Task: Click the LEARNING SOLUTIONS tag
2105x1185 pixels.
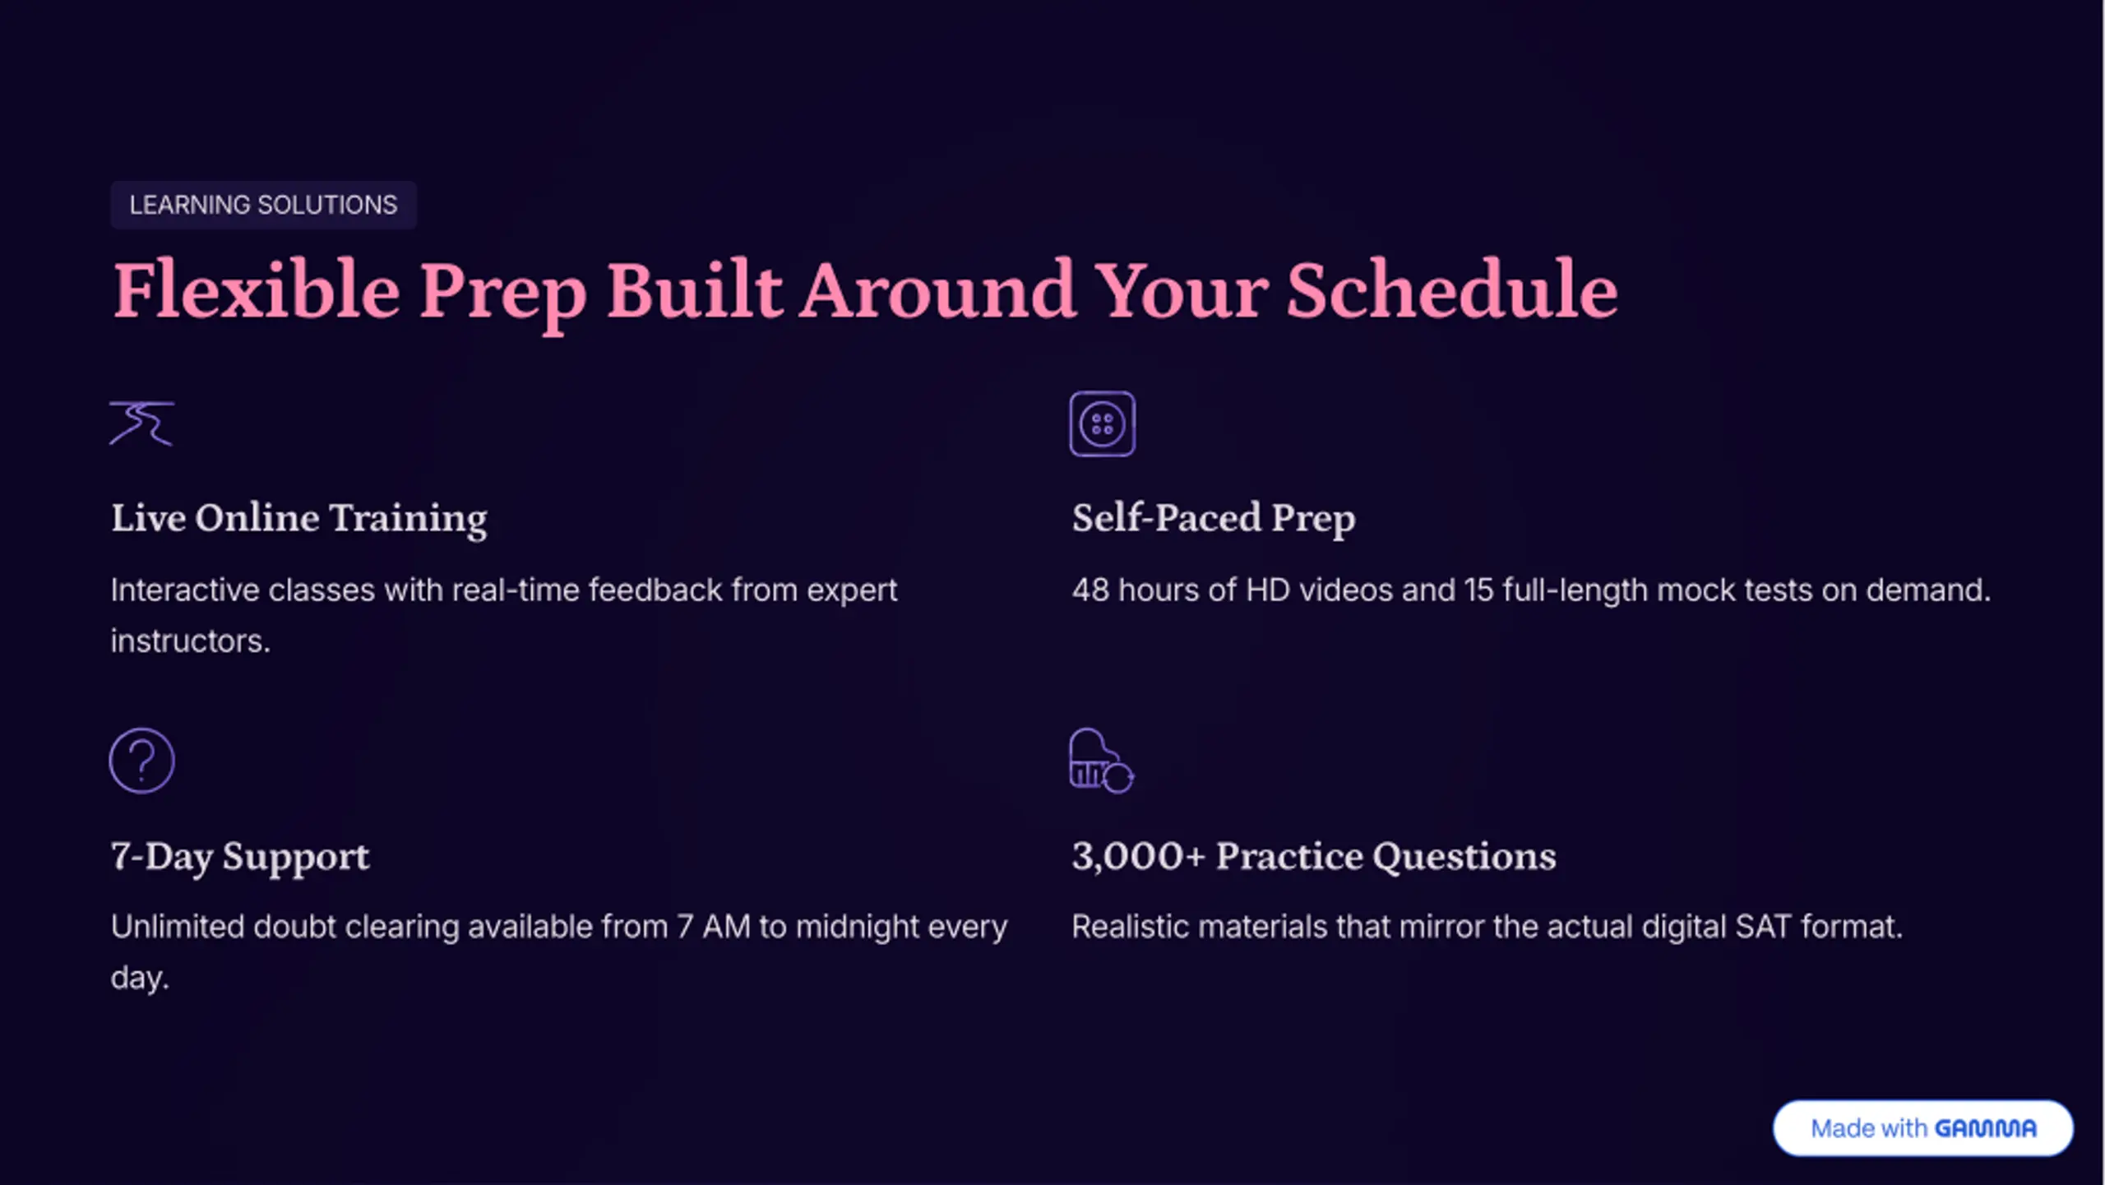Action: [x=263, y=205]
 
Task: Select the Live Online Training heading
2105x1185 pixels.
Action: [x=299, y=518]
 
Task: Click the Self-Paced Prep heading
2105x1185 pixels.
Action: [x=1214, y=518]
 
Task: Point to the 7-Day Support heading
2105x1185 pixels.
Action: [x=240, y=856]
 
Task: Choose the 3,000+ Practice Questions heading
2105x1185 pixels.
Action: [x=1314, y=856]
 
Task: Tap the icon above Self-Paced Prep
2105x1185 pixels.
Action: [x=1103, y=424]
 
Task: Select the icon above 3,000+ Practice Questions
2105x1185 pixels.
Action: [x=1102, y=761]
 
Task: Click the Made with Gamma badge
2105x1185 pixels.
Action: [x=1923, y=1128]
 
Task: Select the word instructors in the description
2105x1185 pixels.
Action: [x=190, y=641]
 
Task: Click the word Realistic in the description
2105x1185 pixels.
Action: [x=1131, y=927]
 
